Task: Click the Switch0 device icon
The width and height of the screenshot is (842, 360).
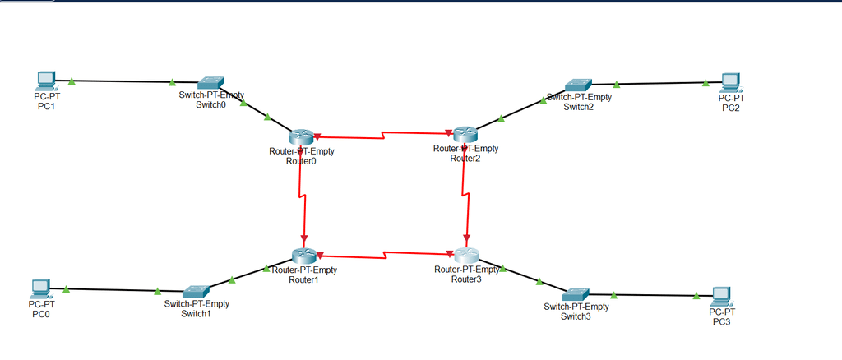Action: [211, 83]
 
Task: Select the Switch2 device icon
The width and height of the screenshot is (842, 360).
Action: [578, 85]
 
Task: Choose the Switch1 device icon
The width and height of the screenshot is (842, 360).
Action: [197, 292]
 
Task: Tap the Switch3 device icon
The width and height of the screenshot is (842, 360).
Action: [576, 294]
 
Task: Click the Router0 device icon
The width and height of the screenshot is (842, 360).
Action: [302, 138]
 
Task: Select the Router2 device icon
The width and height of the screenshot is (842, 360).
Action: [465, 134]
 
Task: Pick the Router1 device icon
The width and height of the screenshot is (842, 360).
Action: [304, 256]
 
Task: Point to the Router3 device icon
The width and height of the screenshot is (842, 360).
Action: [466, 256]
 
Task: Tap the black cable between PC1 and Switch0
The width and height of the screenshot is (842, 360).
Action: [123, 81]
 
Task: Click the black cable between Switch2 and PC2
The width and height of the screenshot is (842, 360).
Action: [658, 83]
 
